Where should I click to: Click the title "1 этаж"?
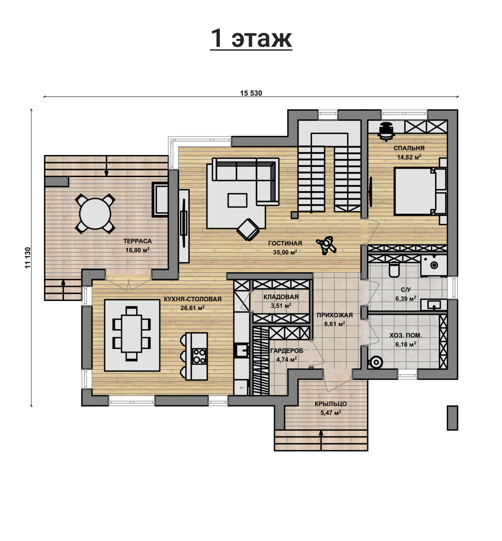tap(251, 38)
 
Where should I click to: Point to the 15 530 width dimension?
tap(251, 93)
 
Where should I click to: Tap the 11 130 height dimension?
tap(28, 258)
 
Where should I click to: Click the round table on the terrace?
tap(95, 214)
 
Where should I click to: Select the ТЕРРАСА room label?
tap(137, 241)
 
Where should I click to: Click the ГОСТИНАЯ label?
tap(285, 243)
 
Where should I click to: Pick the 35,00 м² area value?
tap(285, 252)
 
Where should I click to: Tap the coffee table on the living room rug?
tap(237, 200)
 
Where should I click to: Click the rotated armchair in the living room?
tap(248, 229)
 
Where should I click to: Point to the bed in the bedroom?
tap(420, 191)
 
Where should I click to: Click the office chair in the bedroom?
tap(386, 131)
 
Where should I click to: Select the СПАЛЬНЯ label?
tap(409, 148)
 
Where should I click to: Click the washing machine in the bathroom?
tap(434, 266)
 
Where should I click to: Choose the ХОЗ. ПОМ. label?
tap(405, 335)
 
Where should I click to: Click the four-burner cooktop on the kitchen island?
tap(199, 356)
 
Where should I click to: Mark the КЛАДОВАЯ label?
tap(281, 297)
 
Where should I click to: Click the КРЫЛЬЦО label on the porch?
tap(331, 404)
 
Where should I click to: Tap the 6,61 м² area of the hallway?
tap(335, 324)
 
